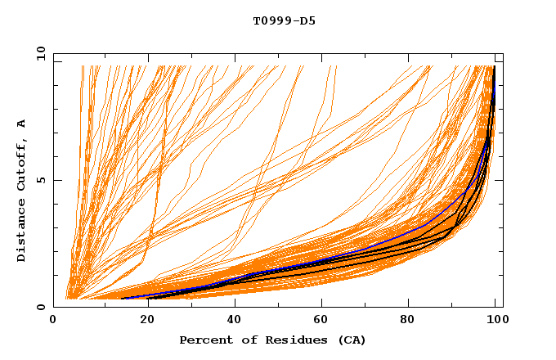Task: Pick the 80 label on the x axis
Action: (408, 321)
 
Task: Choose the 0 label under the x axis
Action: (53, 321)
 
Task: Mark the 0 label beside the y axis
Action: (41, 308)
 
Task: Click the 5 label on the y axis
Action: (41, 181)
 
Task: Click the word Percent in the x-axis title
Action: (204, 340)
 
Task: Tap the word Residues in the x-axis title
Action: (289, 340)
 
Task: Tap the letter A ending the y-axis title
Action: (21, 123)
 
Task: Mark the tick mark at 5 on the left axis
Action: (56, 180)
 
